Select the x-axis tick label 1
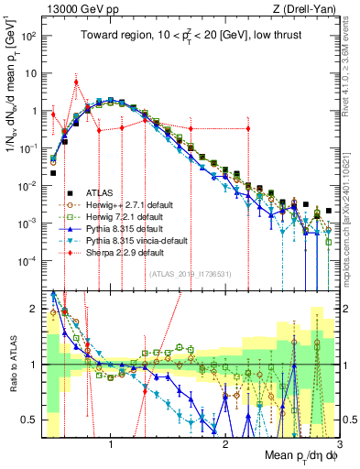point(111,444)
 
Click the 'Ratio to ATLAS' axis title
point(11,364)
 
